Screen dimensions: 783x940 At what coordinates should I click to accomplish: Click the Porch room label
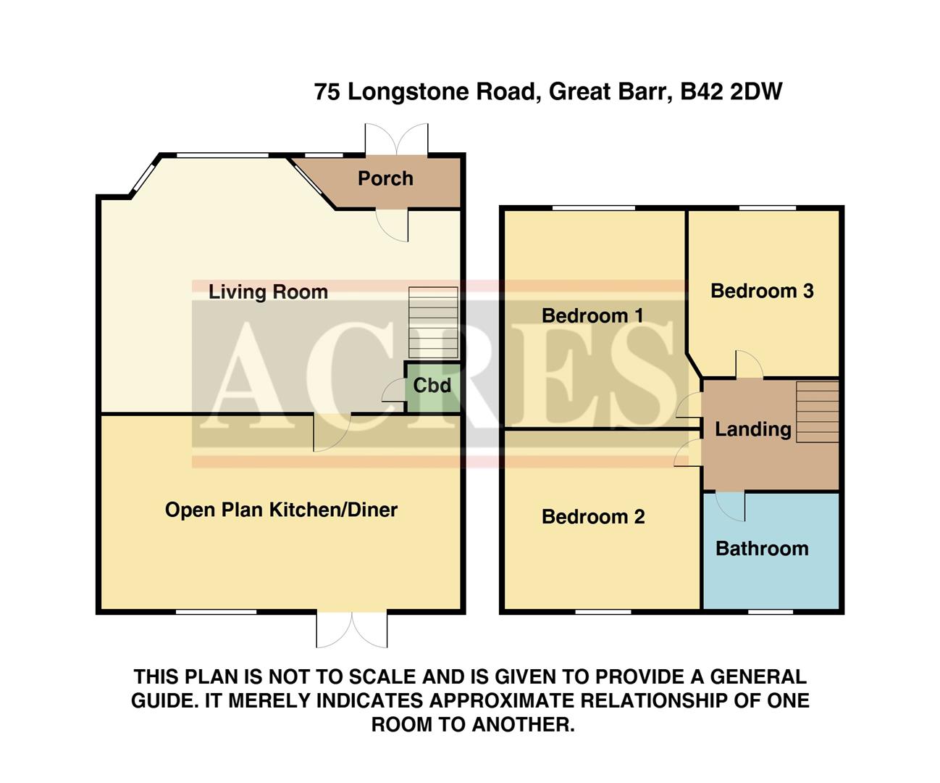click(x=385, y=178)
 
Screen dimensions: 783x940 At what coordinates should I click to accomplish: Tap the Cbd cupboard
click(x=432, y=386)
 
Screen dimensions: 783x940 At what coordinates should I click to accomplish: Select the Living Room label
click(x=268, y=292)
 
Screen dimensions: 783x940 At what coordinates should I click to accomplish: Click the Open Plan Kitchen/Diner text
click(x=281, y=510)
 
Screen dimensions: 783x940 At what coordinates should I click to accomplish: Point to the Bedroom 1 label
click(x=592, y=316)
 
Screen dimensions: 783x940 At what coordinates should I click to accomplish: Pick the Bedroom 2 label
click(x=593, y=517)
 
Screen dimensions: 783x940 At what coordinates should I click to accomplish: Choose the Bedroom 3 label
click(x=762, y=291)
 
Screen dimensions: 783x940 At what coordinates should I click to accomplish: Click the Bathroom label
click(x=762, y=549)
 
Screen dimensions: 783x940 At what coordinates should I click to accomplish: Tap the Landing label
click(x=752, y=429)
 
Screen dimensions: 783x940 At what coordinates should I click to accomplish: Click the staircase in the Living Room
click(x=434, y=323)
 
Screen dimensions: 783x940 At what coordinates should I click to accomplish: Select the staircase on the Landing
click(x=818, y=411)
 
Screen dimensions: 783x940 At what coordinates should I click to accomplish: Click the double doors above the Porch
click(x=396, y=138)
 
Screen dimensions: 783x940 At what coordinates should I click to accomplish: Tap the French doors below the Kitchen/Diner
click(x=352, y=629)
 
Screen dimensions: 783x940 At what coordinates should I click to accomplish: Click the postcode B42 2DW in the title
click(x=731, y=92)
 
